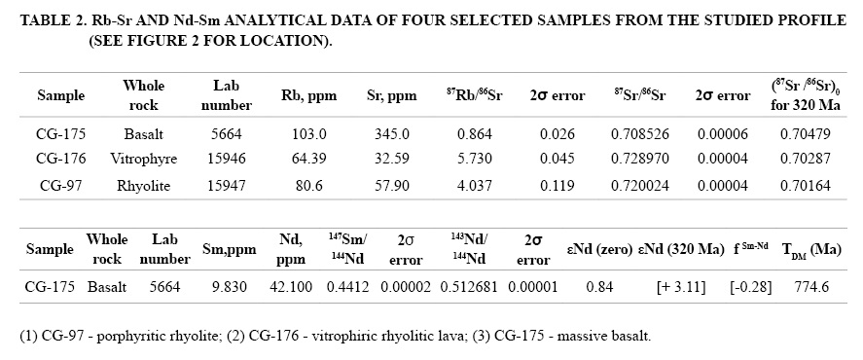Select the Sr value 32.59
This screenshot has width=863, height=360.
tap(391, 160)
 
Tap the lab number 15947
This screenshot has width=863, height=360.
tap(226, 186)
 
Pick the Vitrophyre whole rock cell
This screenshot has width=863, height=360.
tap(143, 160)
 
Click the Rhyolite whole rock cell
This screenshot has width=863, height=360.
tap(143, 186)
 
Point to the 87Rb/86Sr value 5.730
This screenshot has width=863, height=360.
tap(474, 160)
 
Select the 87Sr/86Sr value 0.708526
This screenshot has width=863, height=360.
tap(640, 134)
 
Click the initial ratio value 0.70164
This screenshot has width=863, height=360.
tap(806, 186)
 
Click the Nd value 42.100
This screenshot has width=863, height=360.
tap(291, 287)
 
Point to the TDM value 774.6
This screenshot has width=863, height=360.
tap(811, 287)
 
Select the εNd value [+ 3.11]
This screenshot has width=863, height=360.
tap(681, 287)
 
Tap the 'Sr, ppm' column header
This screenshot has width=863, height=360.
tap(391, 96)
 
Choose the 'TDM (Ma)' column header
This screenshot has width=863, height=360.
tap(811, 250)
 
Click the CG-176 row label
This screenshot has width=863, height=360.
tap(61, 160)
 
